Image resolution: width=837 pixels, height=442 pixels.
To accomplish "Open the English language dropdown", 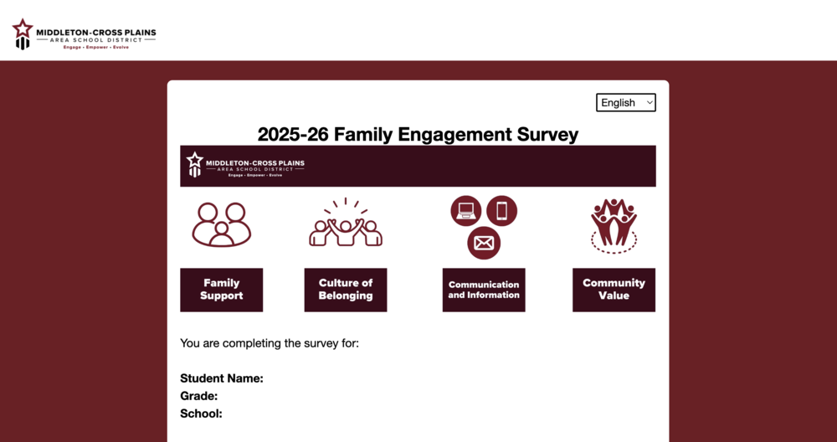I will (x=625, y=102).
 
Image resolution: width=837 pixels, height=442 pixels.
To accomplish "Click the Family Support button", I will (x=221, y=290).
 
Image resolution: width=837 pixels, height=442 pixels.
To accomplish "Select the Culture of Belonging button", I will (x=345, y=290).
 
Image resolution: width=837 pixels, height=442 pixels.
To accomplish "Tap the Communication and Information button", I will (x=483, y=290).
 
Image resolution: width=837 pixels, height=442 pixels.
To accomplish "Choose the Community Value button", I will (x=614, y=290).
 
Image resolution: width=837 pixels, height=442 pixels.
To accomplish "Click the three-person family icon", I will (x=221, y=224).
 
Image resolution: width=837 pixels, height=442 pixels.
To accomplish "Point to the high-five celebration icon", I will (x=345, y=224).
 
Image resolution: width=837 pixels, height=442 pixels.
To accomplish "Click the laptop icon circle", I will (x=466, y=211).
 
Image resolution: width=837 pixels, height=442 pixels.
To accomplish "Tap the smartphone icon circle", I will (x=501, y=211).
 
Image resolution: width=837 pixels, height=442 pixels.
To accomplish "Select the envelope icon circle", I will (x=484, y=244).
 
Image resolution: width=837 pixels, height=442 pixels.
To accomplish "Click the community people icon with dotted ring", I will (x=614, y=225).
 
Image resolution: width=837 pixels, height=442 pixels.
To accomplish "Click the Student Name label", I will (x=222, y=378).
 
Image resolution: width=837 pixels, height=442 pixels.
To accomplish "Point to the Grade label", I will (x=198, y=396).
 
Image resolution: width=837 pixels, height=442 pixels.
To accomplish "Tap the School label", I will (x=201, y=414).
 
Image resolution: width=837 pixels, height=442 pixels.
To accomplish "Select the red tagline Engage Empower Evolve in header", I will (x=96, y=47).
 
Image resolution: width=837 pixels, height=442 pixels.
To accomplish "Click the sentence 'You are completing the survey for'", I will (x=269, y=343).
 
